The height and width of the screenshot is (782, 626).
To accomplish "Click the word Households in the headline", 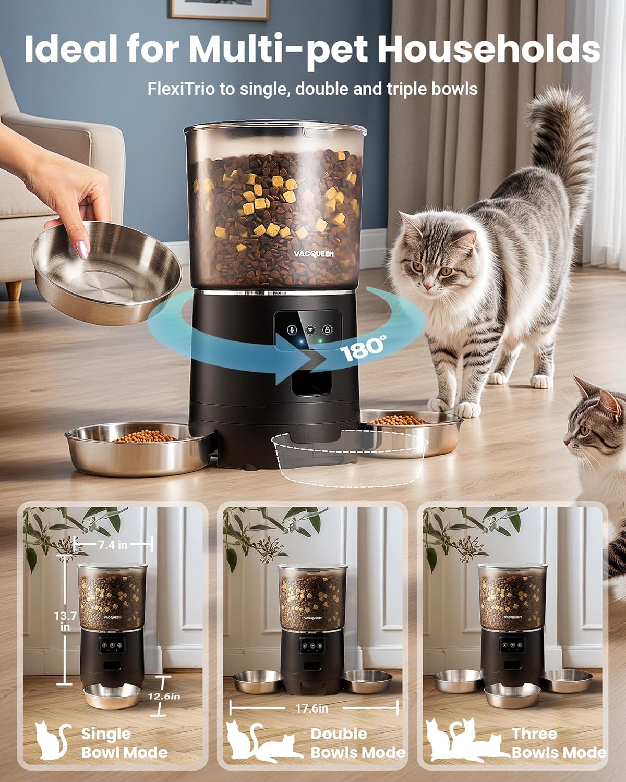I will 488,50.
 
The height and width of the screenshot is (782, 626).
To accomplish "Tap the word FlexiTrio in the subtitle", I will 181,89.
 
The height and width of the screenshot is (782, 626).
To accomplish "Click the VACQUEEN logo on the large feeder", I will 313,254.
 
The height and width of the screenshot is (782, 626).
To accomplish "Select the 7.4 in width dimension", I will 113,545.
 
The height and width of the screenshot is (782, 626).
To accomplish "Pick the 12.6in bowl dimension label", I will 163,697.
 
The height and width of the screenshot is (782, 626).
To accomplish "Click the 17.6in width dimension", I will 312,708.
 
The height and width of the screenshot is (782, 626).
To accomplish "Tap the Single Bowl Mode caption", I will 124,743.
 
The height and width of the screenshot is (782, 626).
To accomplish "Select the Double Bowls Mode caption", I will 357,743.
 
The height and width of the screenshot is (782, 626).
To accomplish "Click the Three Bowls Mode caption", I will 558,743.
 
